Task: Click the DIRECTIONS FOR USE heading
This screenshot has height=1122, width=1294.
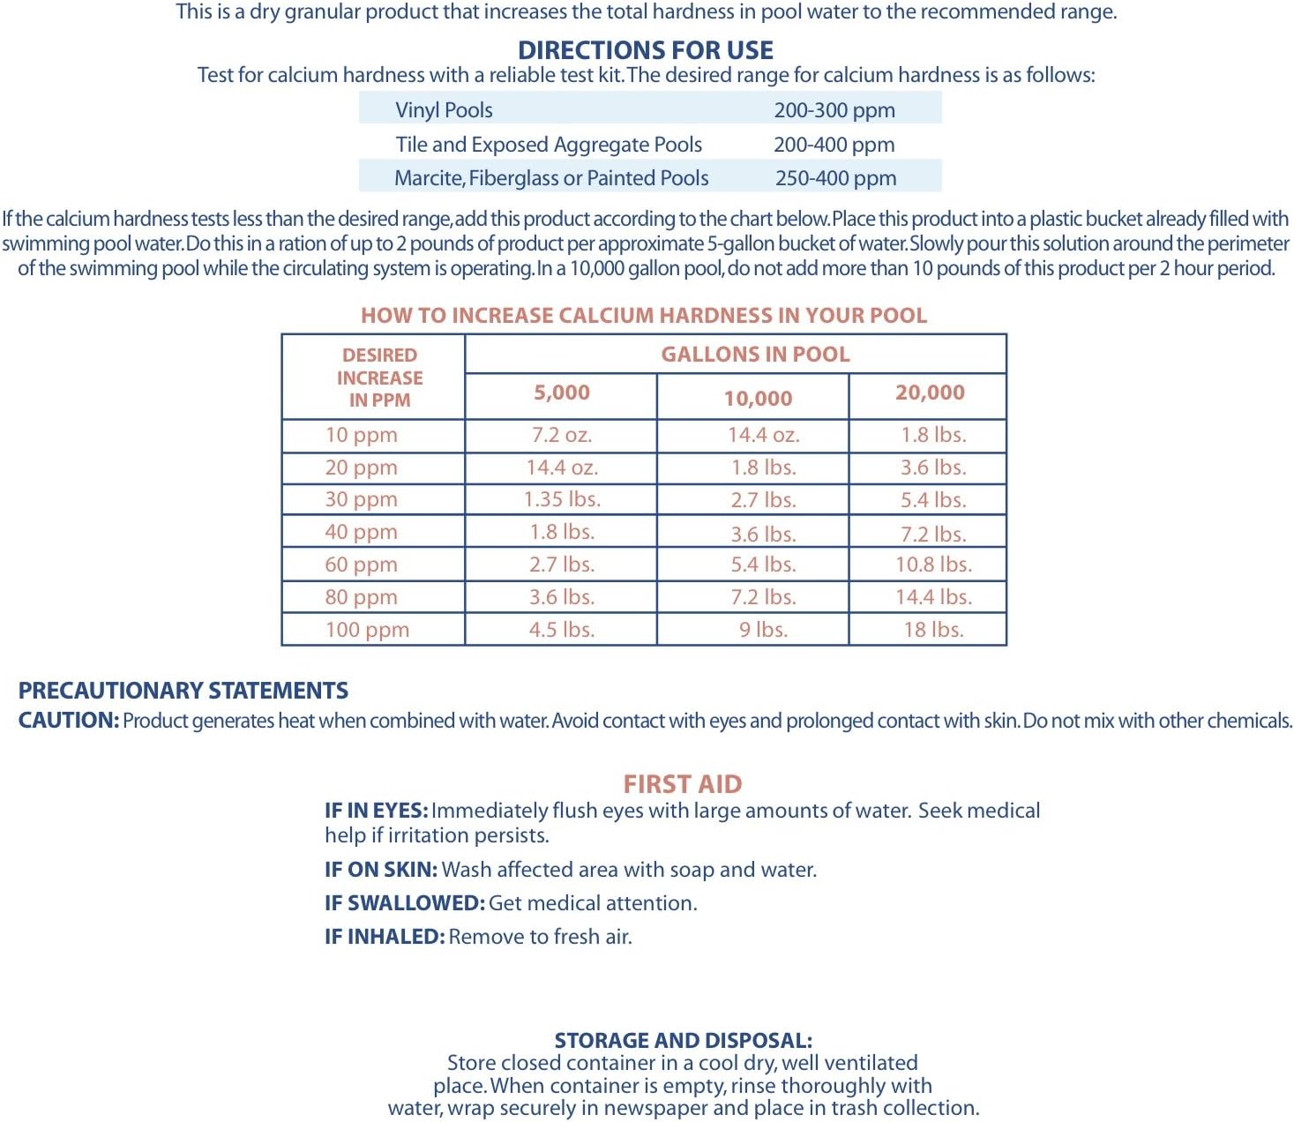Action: [x=646, y=50]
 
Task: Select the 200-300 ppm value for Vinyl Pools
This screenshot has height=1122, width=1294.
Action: [x=834, y=110]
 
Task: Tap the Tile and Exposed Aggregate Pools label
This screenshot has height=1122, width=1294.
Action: [x=549, y=145]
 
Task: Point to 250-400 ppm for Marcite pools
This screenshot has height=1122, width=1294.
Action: [x=835, y=178]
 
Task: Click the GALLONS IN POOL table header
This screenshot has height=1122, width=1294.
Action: [x=755, y=355]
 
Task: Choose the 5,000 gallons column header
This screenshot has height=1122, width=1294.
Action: [x=561, y=393]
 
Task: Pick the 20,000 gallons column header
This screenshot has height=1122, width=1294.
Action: [x=930, y=393]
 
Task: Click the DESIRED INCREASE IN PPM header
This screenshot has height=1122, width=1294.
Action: [x=379, y=378]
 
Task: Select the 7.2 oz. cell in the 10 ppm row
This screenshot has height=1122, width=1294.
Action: [x=561, y=435]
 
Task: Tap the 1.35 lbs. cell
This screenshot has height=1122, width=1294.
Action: [x=562, y=499]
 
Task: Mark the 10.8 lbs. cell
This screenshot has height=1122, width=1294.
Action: [x=933, y=565]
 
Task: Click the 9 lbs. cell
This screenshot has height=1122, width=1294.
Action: [x=763, y=630]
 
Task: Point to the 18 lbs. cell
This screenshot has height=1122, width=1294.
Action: [x=933, y=630]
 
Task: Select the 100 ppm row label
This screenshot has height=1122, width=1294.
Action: [x=367, y=630]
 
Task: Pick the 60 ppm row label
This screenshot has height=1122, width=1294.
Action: [x=361, y=565]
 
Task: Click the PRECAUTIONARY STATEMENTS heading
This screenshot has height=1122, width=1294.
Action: [x=183, y=691]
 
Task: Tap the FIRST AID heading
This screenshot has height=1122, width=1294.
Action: [x=682, y=784]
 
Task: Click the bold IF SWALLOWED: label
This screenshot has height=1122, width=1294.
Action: [x=404, y=903]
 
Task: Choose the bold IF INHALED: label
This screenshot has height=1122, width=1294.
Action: [x=384, y=937]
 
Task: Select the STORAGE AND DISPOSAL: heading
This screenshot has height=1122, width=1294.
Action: [x=684, y=1041]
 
